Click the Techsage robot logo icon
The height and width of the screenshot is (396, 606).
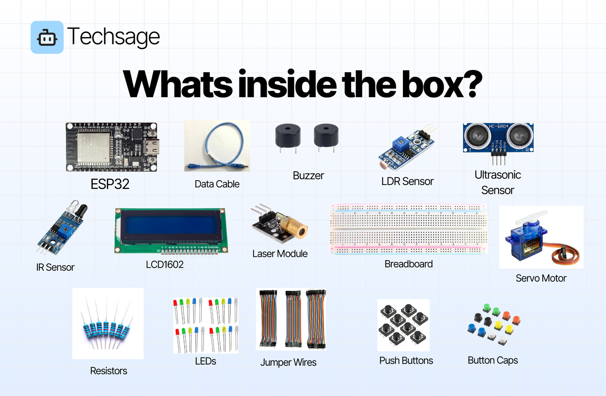(47, 37)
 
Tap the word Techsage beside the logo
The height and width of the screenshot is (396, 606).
(113, 37)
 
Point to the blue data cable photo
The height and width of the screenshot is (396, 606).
(217, 146)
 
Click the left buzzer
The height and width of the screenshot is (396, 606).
(288, 136)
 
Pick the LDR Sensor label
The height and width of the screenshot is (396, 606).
(407, 181)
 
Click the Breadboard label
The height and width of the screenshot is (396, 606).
(408, 264)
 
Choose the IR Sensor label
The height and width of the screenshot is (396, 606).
(55, 267)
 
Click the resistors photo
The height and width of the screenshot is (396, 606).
(108, 324)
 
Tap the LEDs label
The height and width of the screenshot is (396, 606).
(205, 361)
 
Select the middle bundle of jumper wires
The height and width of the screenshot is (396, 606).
(293, 318)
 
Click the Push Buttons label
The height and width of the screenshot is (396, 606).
(406, 360)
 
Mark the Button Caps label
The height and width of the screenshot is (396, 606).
(493, 360)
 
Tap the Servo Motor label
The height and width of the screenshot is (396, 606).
(541, 278)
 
